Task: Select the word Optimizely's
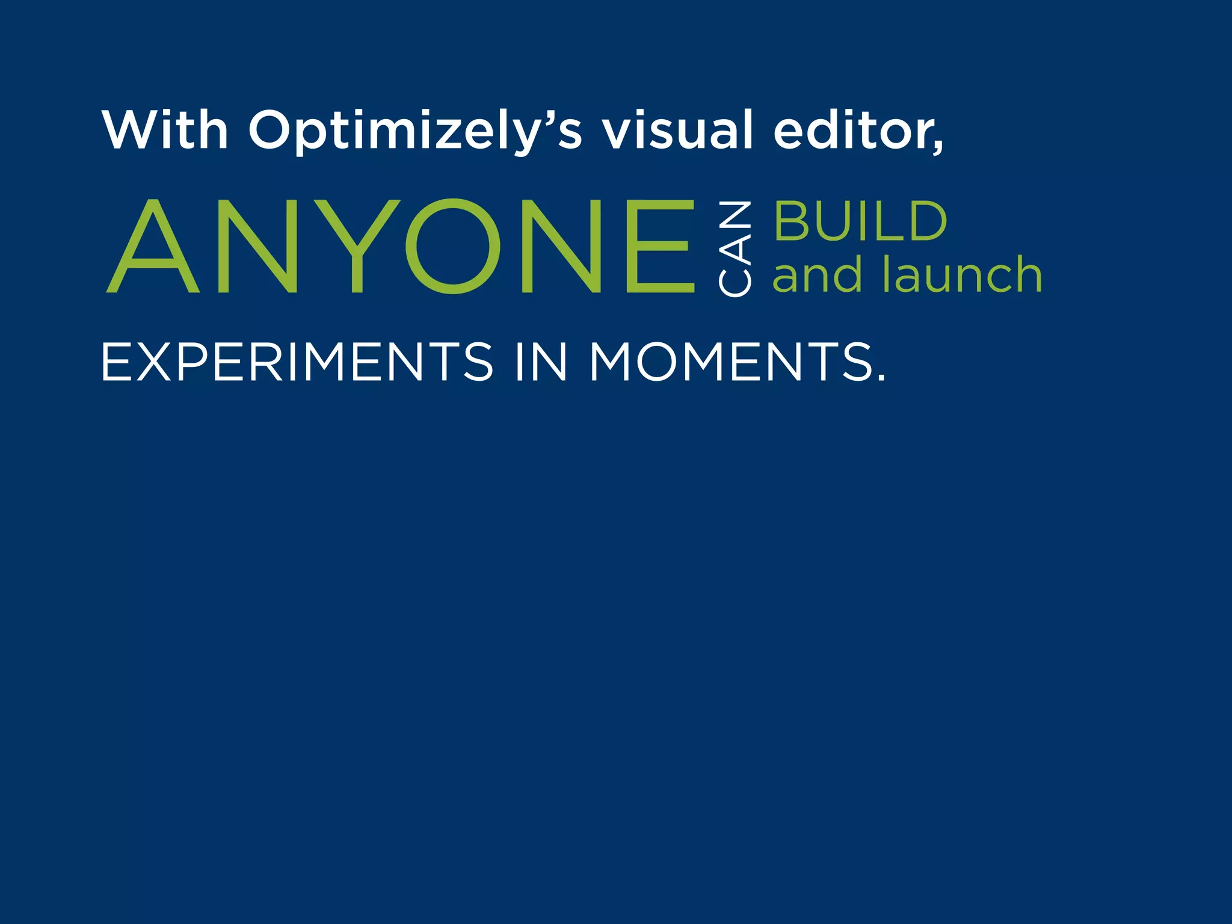coord(416,131)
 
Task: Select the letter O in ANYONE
coord(453,246)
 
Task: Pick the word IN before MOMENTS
coord(541,362)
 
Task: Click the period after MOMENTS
coord(881,378)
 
